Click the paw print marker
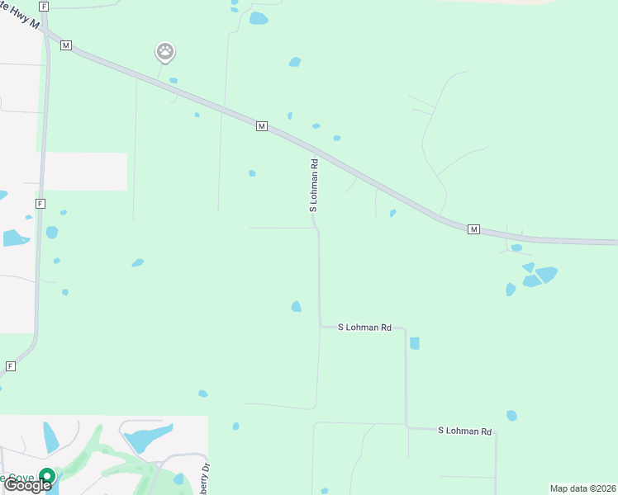pos(165,52)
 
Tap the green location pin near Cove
pos(47,477)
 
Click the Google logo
pos(28,485)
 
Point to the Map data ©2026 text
pos(582,488)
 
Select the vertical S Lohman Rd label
pos(314,186)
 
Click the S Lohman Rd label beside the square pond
pos(364,328)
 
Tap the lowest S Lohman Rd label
pos(464,431)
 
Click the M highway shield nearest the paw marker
pos(66,45)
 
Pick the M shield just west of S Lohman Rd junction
pos(262,125)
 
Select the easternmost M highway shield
pos(473,229)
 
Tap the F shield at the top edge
pos(44,6)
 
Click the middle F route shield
pos(40,203)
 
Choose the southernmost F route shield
pos(11,365)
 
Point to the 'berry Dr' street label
pos(202,476)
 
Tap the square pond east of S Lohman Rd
pos(414,343)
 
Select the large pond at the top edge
pos(259,18)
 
